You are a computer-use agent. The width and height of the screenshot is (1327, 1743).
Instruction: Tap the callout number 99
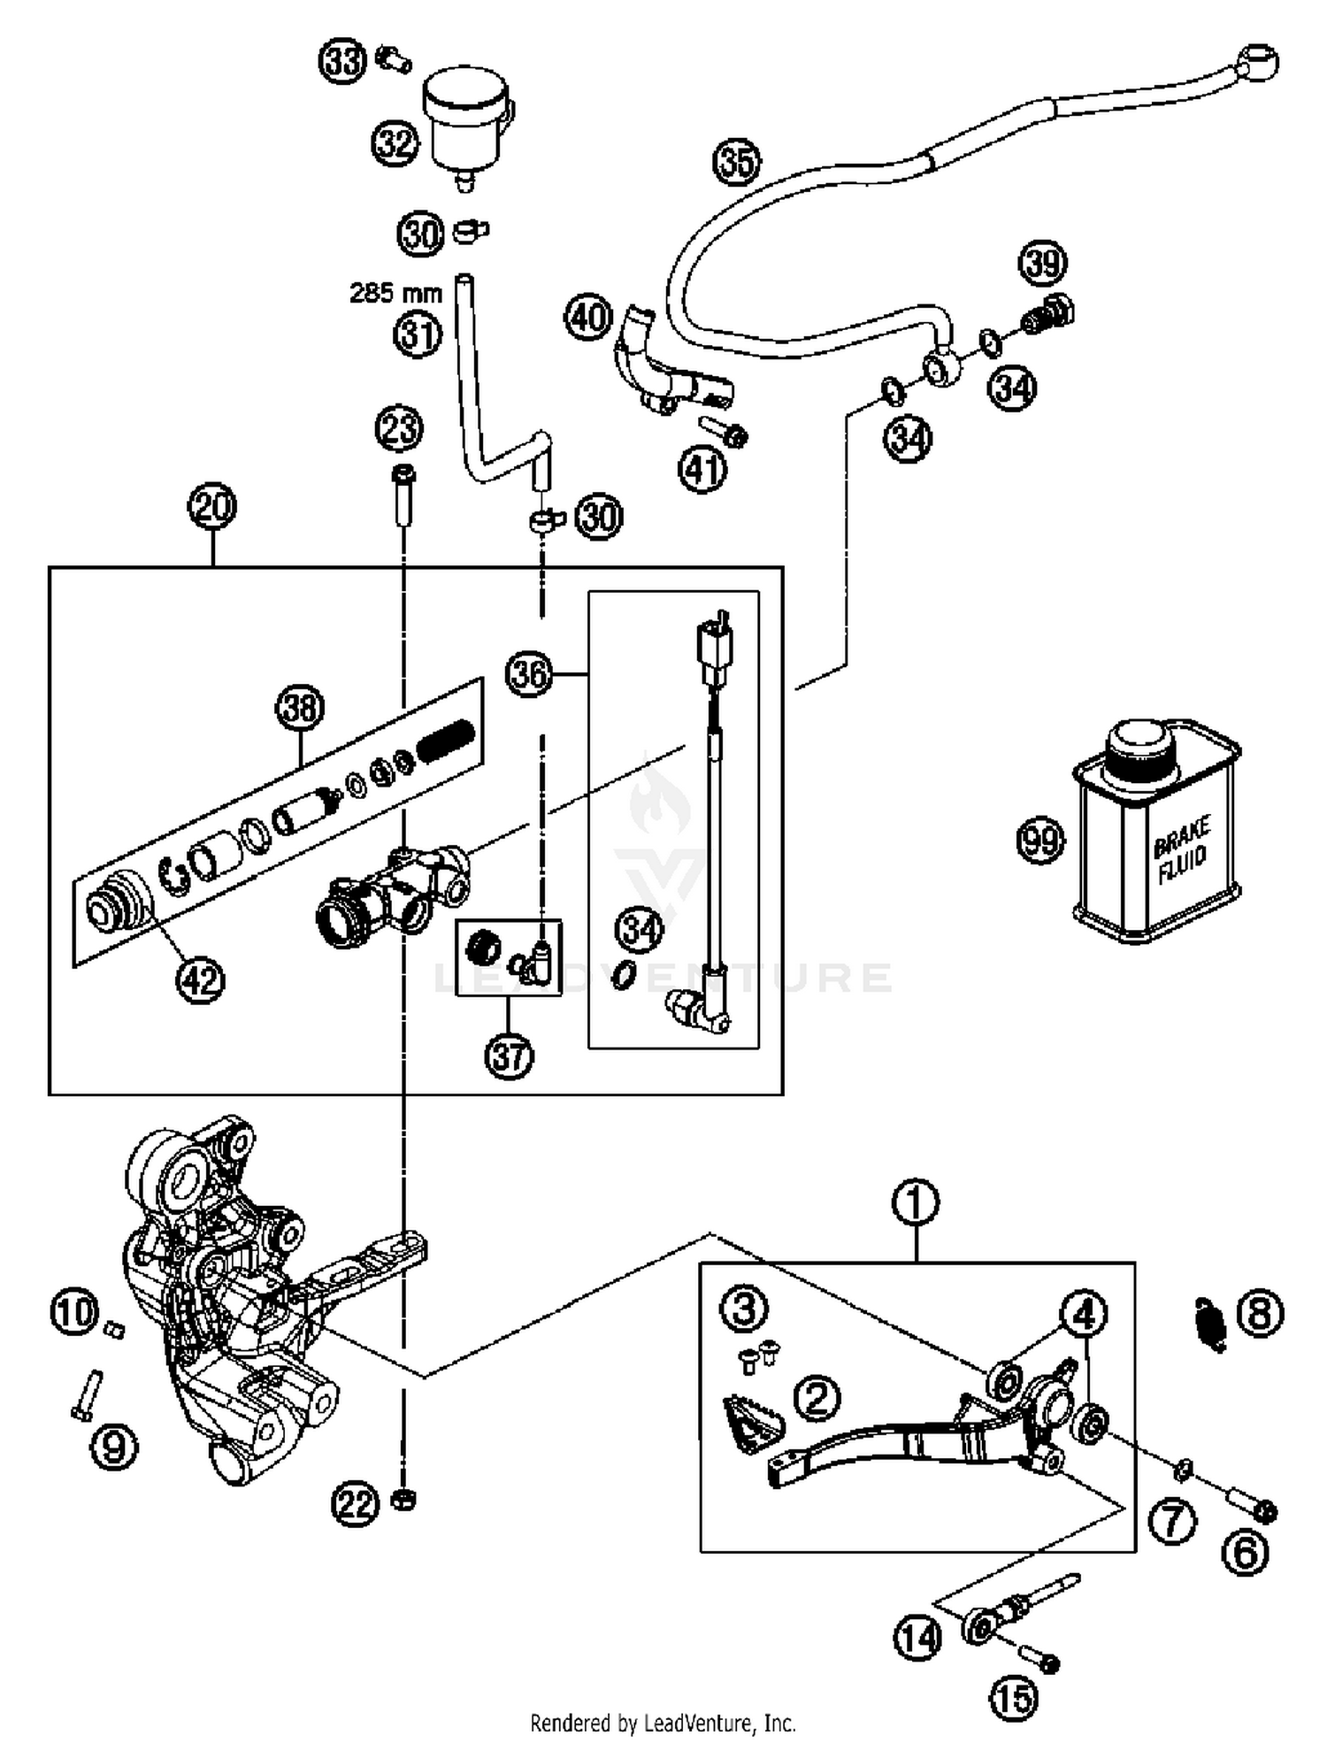pyautogui.click(x=1040, y=839)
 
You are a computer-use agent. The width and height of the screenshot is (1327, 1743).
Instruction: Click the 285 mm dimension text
pyautogui.click(x=395, y=293)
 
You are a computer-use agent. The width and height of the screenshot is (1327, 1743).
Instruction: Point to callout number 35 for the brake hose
pyautogui.click(x=737, y=163)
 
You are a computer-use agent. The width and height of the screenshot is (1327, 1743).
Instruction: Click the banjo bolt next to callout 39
pyautogui.click(x=1049, y=316)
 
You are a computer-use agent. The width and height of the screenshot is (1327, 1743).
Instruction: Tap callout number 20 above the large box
pyautogui.click(x=212, y=508)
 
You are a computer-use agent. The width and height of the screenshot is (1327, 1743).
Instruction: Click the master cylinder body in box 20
pyautogui.click(x=389, y=895)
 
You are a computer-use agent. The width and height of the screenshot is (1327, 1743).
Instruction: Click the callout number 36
pyautogui.click(x=529, y=675)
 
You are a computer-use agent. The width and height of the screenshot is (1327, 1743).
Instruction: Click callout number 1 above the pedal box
pyautogui.click(x=916, y=1202)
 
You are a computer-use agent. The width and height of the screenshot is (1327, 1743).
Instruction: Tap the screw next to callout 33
pyautogui.click(x=393, y=59)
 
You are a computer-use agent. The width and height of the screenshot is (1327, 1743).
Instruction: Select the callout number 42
pyautogui.click(x=200, y=979)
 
